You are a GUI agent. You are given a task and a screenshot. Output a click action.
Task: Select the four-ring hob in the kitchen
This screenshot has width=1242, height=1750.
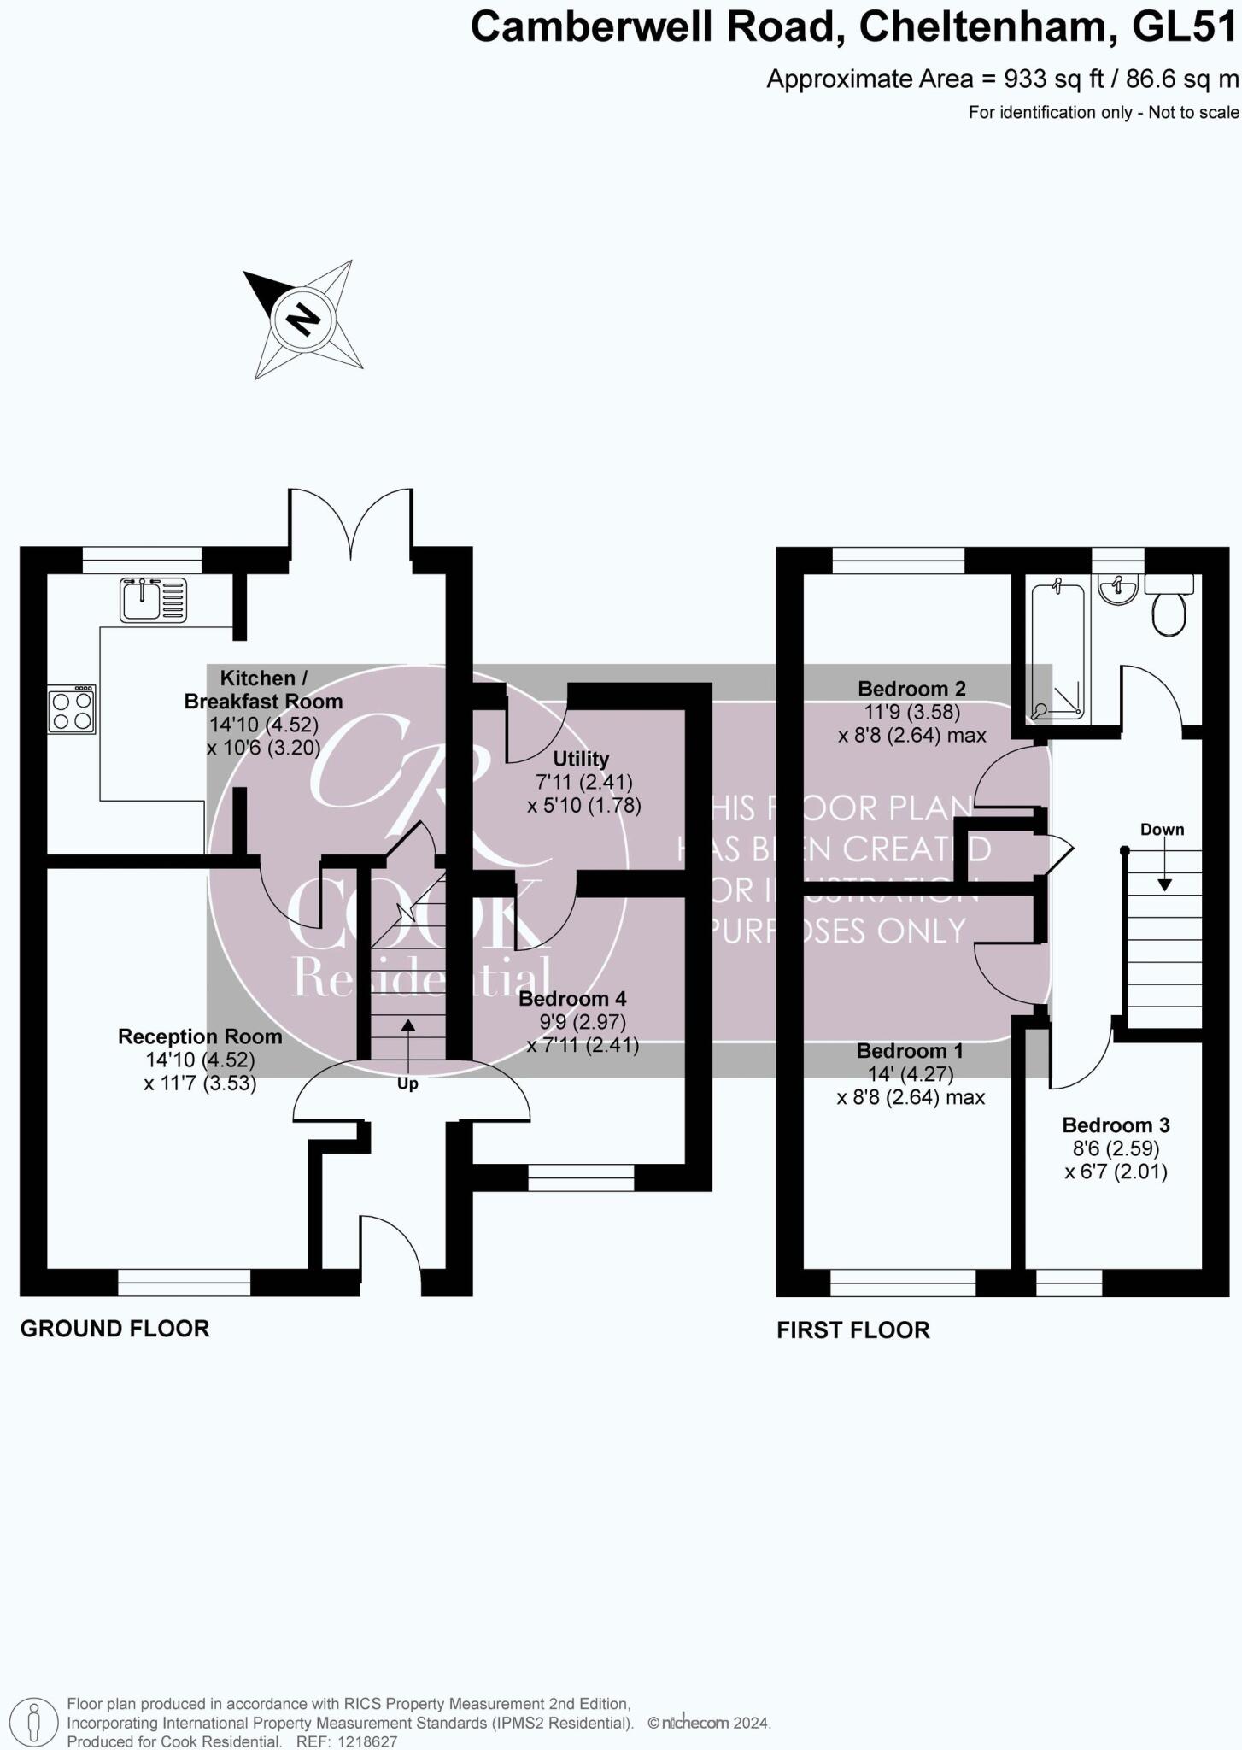tap(72, 710)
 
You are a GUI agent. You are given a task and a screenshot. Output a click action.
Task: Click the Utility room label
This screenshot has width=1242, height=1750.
tap(581, 759)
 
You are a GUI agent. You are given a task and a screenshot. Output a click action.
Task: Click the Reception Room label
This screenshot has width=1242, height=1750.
tap(200, 1036)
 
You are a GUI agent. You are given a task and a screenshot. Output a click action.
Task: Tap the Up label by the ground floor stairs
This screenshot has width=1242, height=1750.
tap(407, 1083)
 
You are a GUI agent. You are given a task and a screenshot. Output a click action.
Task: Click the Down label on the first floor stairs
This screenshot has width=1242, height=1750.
tap(1162, 830)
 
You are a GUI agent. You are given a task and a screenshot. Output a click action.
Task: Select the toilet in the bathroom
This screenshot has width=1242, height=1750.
tap(1169, 609)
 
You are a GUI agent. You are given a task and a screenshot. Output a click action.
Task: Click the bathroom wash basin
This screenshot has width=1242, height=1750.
tap(1117, 589)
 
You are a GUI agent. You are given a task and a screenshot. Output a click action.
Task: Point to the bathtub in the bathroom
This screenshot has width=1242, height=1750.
tap(1057, 649)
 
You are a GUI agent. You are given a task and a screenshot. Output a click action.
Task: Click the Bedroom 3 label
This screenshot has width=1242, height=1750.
tap(1116, 1125)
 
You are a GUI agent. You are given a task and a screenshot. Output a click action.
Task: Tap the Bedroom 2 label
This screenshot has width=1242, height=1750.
tap(911, 689)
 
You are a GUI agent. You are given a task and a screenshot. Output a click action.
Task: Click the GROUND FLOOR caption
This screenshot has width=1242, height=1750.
tap(114, 1329)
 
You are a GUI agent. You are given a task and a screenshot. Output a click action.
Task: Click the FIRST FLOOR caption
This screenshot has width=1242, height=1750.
tap(852, 1330)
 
